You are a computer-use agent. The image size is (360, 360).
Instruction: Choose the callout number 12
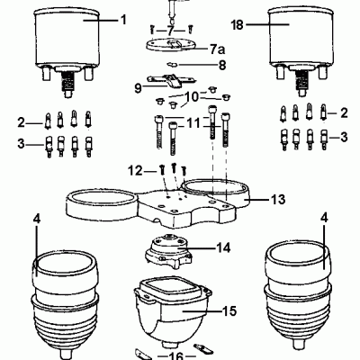point(135,168)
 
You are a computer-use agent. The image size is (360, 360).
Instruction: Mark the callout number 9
point(139,88)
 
